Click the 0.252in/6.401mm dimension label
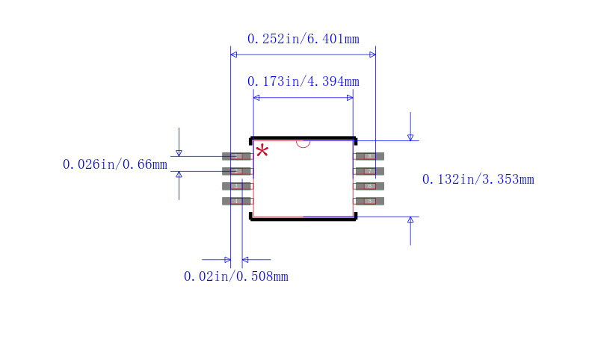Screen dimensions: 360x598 (x=303, y=39)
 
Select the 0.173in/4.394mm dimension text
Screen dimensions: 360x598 (x=303, y=81)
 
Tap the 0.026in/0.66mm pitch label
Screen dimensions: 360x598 (x=114, y=164)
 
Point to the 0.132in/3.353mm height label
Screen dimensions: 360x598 (x=478, y=179)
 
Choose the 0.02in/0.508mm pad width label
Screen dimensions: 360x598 (x=235, y=276)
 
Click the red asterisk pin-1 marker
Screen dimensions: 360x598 (x=262, y=152)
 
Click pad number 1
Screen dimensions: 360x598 (x=237, y=156)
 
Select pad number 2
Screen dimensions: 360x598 (x=237, y=171)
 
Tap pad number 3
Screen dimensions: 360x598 (x=237, y=186)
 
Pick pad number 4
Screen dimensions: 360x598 (x=237, y=201)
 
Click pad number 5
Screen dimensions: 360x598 (x=369, y=201)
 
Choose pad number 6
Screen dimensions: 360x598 (x=369, y=186)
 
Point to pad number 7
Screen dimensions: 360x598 (x=369, y=171)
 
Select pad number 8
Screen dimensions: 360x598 (x=369, y=156)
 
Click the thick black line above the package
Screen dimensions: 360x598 (x=303, y=138)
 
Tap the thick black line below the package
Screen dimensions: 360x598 (x=303, y=219)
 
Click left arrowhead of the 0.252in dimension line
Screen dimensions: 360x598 (x=233, y=55)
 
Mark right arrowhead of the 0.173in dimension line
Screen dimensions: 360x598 (x=350, y=98)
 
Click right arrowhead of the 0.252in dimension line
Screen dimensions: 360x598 (x=372, y=55)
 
